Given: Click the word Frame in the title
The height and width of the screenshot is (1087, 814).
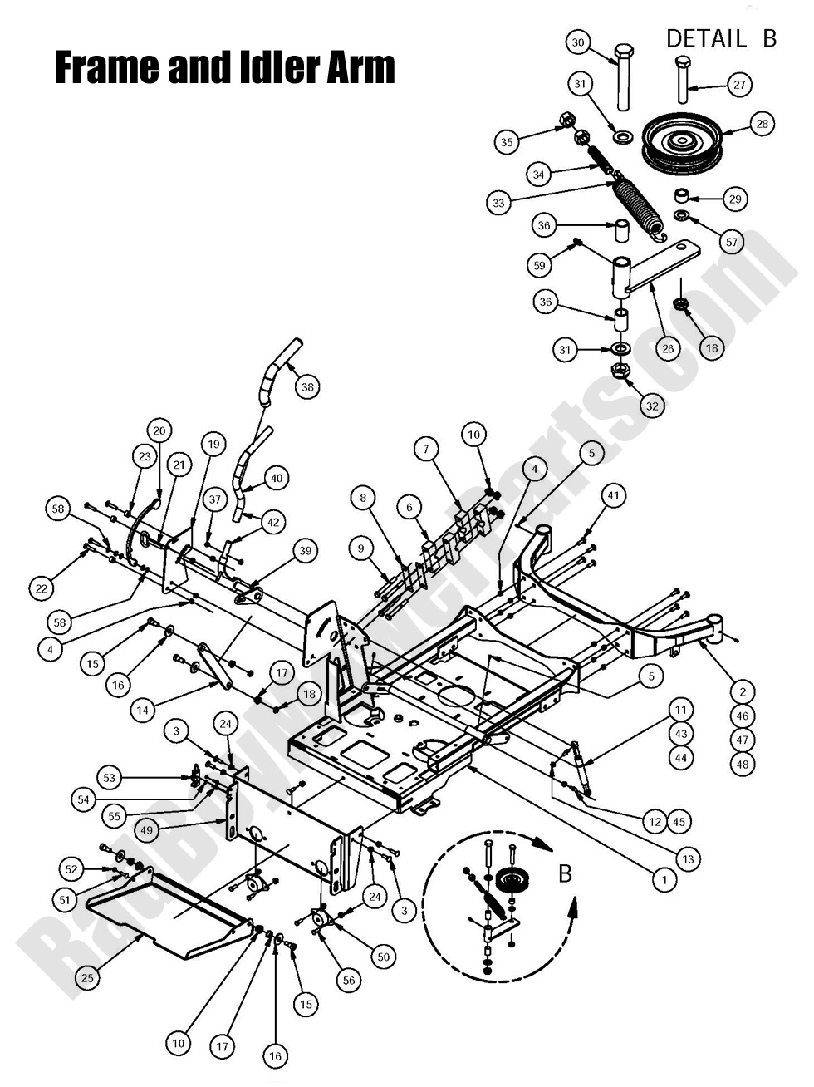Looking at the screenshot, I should (107, 68).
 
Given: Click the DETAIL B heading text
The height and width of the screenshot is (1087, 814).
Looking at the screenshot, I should (720, 38).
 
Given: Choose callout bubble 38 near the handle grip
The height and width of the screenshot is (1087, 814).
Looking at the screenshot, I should (308, 387).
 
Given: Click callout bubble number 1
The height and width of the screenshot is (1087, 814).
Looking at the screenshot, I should (664, 878).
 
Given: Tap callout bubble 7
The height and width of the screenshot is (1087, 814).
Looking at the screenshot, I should (426, 450).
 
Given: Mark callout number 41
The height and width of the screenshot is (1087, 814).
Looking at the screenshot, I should (613, 496).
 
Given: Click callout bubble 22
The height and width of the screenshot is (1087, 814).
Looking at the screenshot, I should (41, 588).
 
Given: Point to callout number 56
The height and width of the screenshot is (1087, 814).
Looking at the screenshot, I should (348, 981).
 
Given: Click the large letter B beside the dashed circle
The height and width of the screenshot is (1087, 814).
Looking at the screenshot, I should (564, 873).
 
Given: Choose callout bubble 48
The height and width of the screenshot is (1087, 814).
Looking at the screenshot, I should (743, 763).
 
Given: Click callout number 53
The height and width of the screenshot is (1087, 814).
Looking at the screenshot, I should (110, 779).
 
